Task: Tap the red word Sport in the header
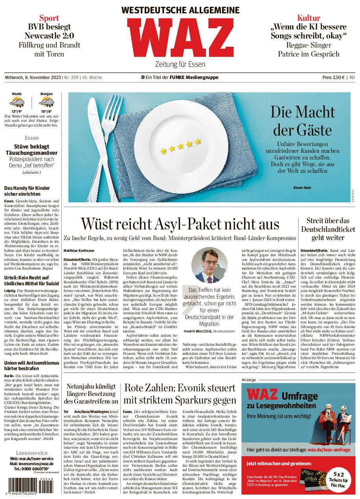pos(49,18)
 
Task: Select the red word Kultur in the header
pos(309,18)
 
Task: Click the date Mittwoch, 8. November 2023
pos(33,78)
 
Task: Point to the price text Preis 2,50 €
pos(334,78)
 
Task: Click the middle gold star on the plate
pos(181,147)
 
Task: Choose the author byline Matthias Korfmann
pos(79,250)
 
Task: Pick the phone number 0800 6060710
pos(31,469)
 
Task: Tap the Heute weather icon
pos(17,103)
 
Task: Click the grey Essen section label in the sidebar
pos(31,138)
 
